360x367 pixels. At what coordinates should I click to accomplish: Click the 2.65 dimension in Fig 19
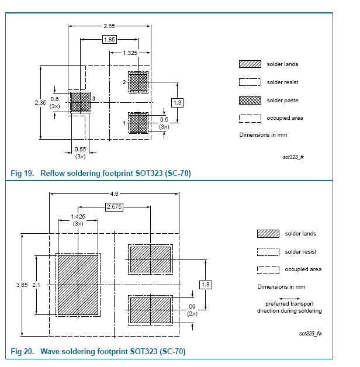(x=109, y=26)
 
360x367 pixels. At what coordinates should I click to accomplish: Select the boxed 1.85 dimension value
(x=109, y=39)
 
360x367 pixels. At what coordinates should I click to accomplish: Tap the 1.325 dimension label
(x=130, y=53)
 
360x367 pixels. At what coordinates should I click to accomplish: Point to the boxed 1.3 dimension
(x=178, y=102)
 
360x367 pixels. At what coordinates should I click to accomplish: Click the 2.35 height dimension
(x=40, y=102)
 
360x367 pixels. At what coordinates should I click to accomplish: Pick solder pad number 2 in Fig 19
(x=139, y=82)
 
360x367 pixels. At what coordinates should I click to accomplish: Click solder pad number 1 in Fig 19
(x=139, y=123)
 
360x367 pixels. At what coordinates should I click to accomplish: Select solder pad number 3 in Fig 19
(x=79, y=103)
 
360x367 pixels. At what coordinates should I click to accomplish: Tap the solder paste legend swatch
(x=250, y=100)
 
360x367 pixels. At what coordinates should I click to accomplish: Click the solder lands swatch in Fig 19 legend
(x=250, y=64)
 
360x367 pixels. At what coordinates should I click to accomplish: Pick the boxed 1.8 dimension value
(x=206, y=284)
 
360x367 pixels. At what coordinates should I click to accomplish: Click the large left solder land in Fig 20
(x=77, y=284)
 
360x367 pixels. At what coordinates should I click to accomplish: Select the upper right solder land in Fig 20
(x=150, y=259)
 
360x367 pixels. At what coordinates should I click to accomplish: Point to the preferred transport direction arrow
(x=289, y=299)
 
